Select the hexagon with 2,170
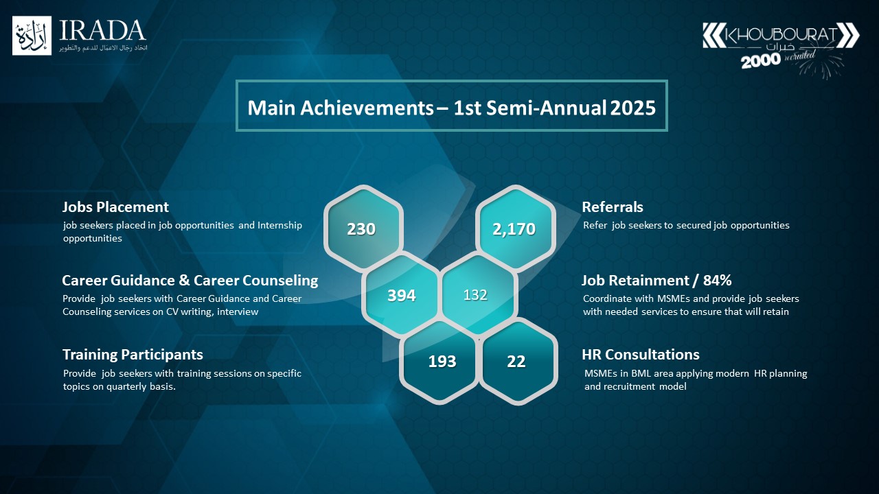click(x=516, y=229)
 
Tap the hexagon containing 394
click(x=401, y=295)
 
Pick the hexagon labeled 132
click(x=478, y=295)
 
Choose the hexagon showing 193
click(x=440, y=361)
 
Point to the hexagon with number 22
click(x=518, y=361)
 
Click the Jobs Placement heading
click(x=115, y=207)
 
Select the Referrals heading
click(x=612, y=207)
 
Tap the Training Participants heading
click(x=133, y=355)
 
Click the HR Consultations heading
click(x=641, y=355)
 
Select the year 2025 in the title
click(x=632, y=108)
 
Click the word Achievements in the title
click(x=367, y=108)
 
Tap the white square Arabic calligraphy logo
click(x=32, y=36)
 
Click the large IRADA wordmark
click(x=102, y=31)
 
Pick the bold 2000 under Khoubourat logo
click(x=761, y=61)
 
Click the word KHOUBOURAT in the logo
click(x=781, y=34)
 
